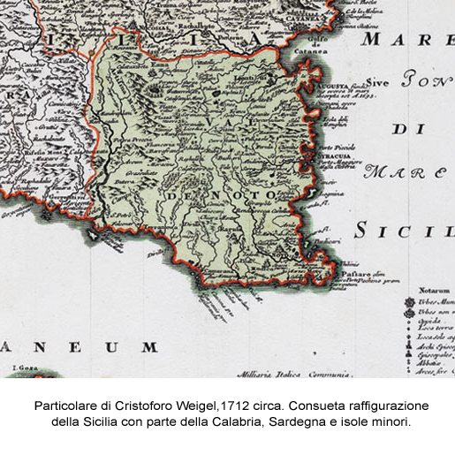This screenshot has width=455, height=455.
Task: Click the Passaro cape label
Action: pyautogui.click(x=354, y=276)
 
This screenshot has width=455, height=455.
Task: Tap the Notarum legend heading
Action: pyautogui.click(x=435, y=290)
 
